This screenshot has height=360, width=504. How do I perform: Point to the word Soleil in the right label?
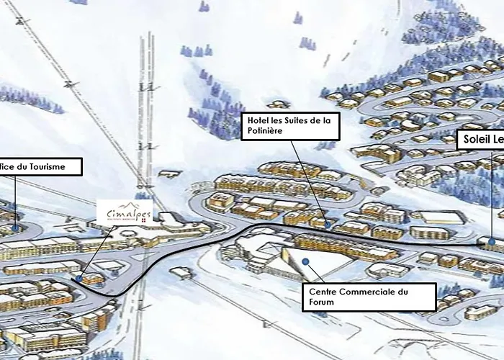477,140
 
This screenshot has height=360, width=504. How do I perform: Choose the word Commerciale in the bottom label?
364,292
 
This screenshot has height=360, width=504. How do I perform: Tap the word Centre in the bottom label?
324,292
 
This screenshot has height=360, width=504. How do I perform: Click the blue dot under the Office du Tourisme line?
14,228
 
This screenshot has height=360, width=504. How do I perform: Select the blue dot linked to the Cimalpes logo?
78,277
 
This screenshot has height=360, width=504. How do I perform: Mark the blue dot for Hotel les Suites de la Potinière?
328,224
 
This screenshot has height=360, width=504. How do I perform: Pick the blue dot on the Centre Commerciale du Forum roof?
305,261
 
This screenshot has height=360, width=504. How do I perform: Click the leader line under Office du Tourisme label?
14,202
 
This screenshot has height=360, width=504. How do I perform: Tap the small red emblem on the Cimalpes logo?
142,221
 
